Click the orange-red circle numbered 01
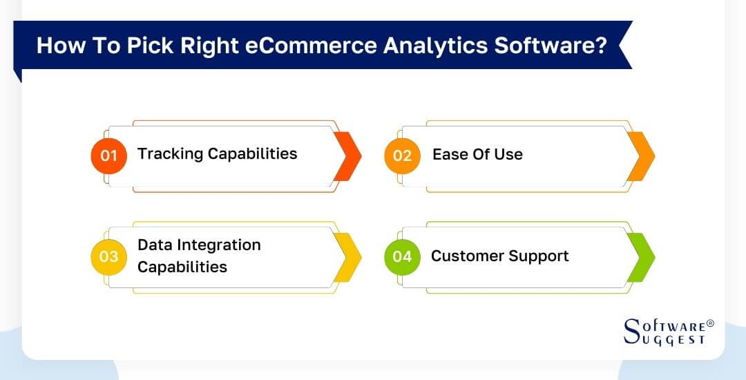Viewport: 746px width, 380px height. (x=108, y=155)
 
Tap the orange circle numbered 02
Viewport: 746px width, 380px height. (x=402, y=155)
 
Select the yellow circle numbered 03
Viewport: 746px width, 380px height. (x=108, y=257)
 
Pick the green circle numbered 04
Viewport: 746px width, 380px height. (x=402, y=257)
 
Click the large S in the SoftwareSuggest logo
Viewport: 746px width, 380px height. (x=632, y=331)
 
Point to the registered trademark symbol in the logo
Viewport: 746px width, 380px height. (x=710, y=323)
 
